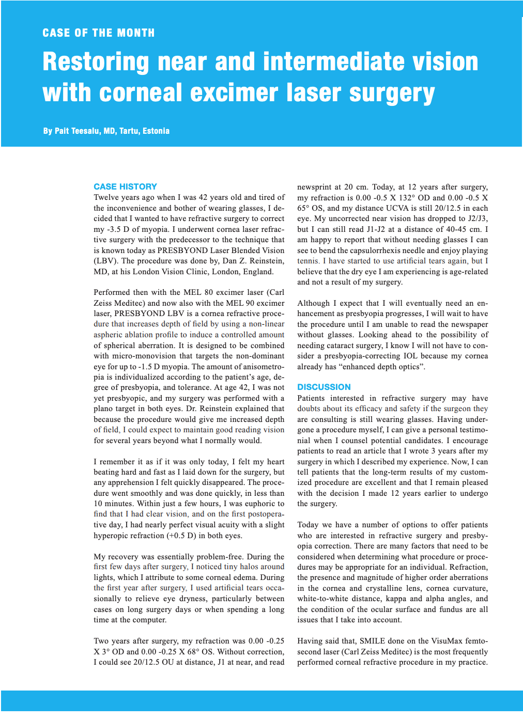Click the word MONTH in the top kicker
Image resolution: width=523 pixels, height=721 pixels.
click(135, 33)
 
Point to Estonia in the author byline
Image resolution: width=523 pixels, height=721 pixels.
click(156, 131)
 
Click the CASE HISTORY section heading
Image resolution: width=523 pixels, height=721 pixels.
click(125, 186)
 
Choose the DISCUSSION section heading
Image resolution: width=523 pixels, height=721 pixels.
click(324, 387)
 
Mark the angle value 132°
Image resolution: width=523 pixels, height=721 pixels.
click(401, 198)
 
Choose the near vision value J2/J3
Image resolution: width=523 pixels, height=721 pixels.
click(478, 218)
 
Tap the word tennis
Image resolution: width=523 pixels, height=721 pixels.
click(307, 261)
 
